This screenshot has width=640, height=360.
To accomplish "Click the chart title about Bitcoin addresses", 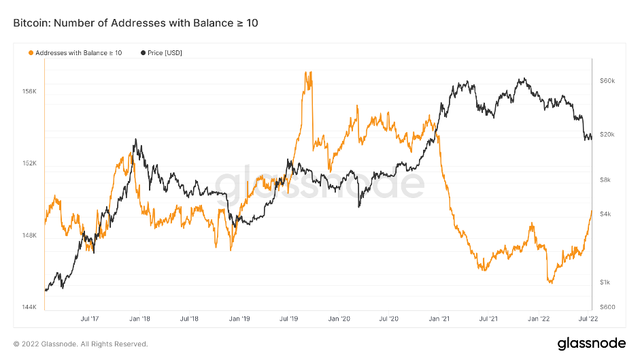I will click(x=135, y=23).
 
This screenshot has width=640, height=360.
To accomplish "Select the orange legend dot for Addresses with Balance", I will click(x=31, y=52).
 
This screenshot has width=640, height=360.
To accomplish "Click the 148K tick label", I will click(x=30, y=235).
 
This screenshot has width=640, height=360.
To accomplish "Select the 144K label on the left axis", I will click(x=30, y=307).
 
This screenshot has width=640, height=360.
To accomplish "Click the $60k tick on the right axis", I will click(x=607, y=81).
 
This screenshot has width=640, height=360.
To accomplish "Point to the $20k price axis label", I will click(x=607, y=135).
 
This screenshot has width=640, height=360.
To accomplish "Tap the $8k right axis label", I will click(x=606, y=180).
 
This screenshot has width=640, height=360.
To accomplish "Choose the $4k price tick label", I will click(x=606, y=214).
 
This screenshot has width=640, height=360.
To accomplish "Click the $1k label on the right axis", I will click(x=606, y=282).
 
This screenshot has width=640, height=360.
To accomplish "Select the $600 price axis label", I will click(x=607, y=307).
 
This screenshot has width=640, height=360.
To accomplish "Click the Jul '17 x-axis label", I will click(x=90, y=318).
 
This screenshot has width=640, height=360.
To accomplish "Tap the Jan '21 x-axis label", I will click(x=439, y=318).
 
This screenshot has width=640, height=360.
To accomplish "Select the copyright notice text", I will click(x=80, y=344).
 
